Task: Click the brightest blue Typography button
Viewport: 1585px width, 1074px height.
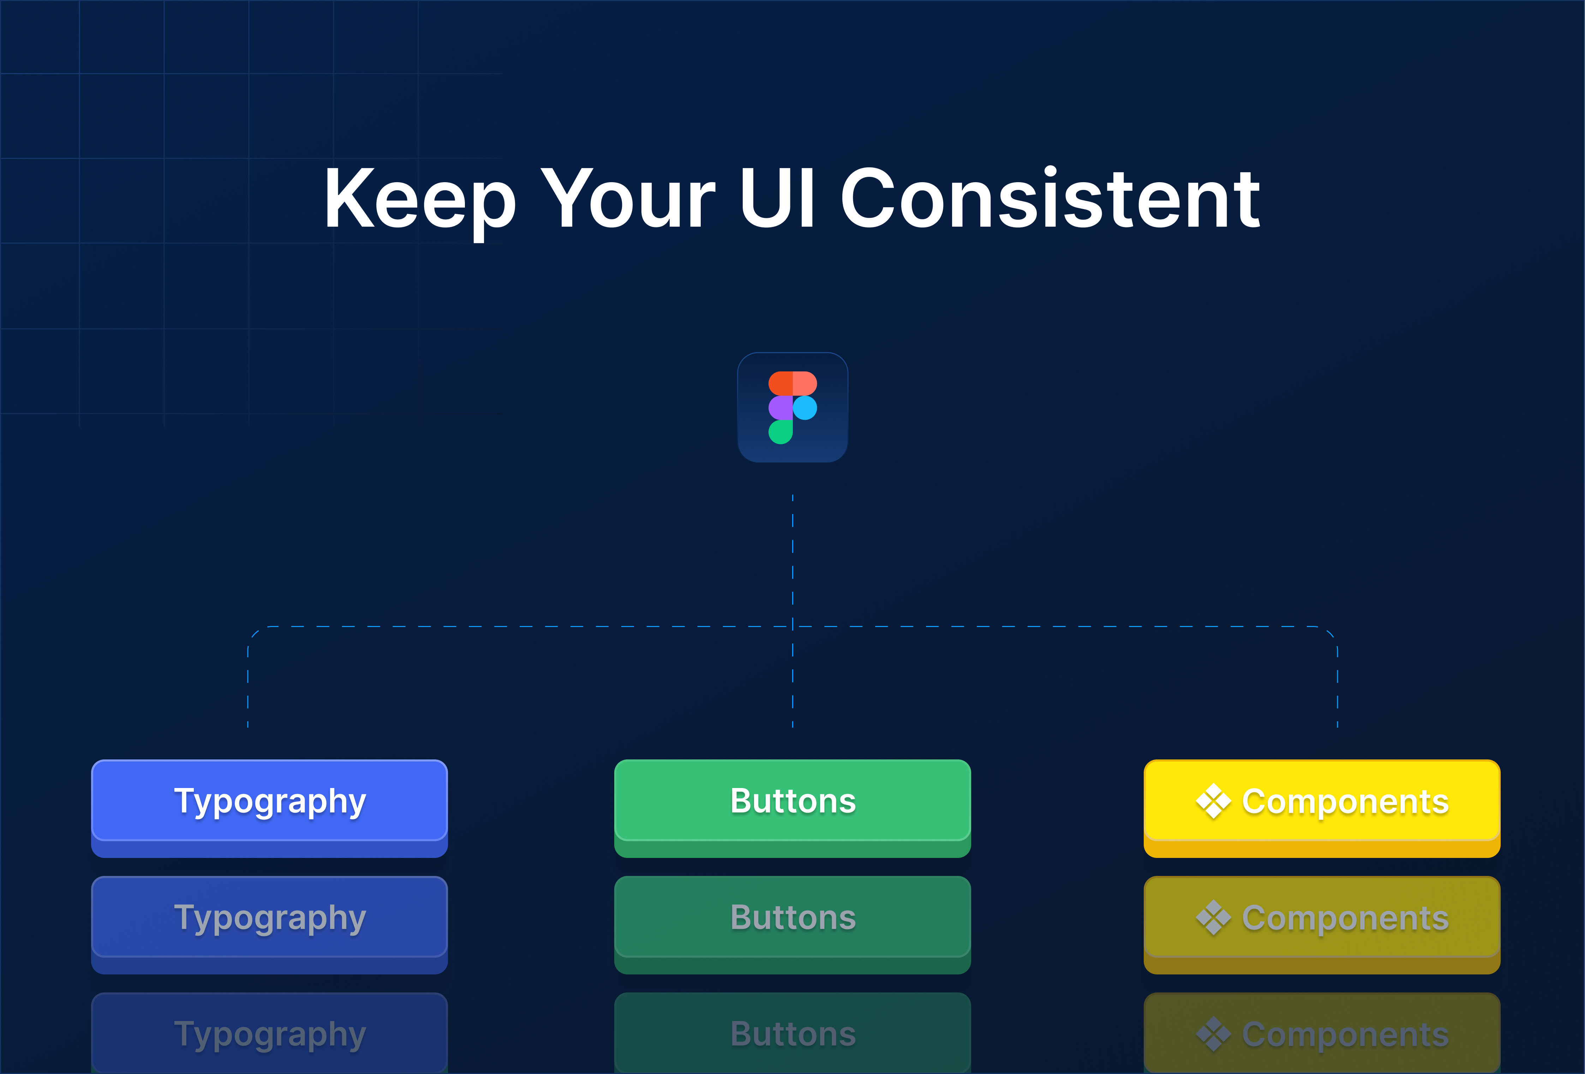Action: click(x=269, y=801)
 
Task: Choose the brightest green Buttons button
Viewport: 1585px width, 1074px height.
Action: click(x=792, y=801)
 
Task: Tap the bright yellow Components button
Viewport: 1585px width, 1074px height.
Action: click(x=1322, y=801)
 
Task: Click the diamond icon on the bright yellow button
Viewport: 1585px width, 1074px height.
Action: click(x=1213, y=801)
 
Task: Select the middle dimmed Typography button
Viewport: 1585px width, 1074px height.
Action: click(x=269, y=918)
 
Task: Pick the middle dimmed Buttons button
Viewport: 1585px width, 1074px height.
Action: click(x=792, y=918)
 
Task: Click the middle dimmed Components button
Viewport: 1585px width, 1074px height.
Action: click(x=1322, y=918)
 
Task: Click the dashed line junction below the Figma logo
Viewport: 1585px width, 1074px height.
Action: click(x=792, y=626)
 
